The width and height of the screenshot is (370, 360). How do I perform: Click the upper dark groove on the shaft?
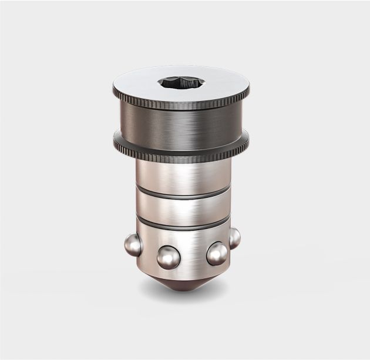(182, 194)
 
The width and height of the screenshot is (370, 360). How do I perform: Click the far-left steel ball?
(133, 244)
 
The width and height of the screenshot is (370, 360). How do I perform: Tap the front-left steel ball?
(168, 256)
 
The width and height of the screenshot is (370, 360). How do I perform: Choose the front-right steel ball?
(217, 254)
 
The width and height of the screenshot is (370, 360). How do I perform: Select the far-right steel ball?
(234, 237)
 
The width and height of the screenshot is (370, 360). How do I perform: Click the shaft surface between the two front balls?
(193, 253)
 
